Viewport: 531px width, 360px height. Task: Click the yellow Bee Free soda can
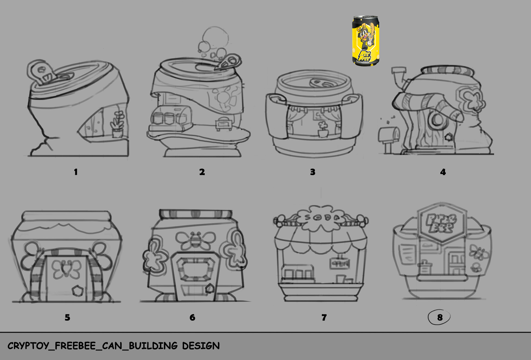point(365,41)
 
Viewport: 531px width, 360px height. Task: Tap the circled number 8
point(440,317)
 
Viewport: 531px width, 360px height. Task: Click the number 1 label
point(76,172)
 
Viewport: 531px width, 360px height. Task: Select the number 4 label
point(443,172)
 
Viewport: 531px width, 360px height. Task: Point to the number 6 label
point(192,317)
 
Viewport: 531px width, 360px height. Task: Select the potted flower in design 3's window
point(323,130)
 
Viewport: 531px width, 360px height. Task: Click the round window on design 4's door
point(437,120)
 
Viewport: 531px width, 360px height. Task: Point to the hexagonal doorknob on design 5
point(77,290)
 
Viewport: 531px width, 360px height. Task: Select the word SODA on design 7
point(322,217)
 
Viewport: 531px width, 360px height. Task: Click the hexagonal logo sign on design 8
point(442,223)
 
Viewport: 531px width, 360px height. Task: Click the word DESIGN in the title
point(201,346)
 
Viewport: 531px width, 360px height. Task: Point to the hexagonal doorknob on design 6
point(209,288)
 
